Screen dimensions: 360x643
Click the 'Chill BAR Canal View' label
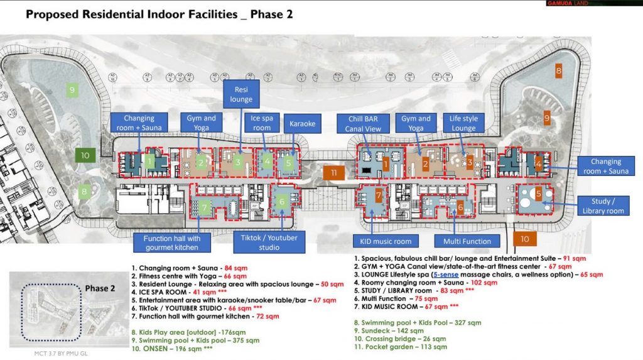tap(363, 124)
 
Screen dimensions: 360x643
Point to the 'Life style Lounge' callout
tap(463, 123)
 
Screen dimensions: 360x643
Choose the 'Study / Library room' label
tap(607, 206)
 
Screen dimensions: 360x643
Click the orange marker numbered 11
tap(333, 172)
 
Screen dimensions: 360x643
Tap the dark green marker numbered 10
tap(85, 155)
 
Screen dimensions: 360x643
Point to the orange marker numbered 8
tap(558, 72)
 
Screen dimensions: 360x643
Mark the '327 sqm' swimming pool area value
tap(465, 322)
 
